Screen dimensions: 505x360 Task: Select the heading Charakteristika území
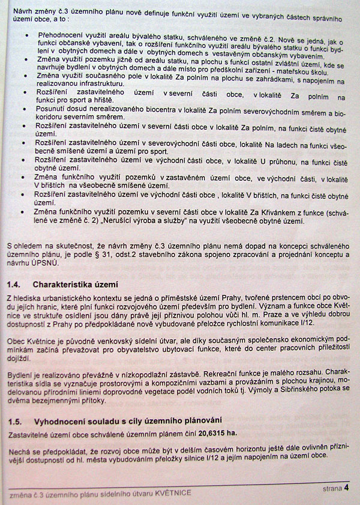click(75, 284)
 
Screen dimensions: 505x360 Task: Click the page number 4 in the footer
click(347, 488)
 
